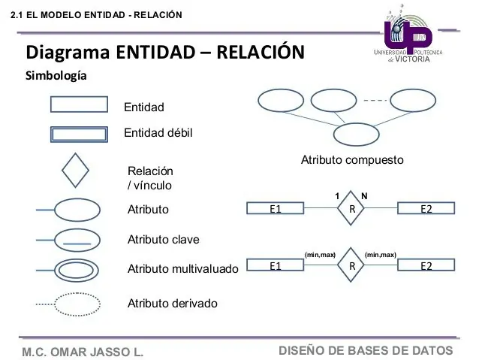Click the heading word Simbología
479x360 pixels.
click(x=56, y=77)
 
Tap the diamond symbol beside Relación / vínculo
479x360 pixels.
click(x=75, y=170)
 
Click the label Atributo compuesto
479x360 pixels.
click(x=352, y=160)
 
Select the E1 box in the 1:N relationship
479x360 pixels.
click(x=276, y=208)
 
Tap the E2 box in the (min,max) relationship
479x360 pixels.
click(x=426, y=266)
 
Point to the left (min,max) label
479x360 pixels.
click(x=319, y=256)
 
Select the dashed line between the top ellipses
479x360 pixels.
click(x=373, y=100)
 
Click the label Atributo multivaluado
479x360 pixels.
click(x=182, y=269)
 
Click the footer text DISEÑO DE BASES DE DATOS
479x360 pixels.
click(x=366, y=350)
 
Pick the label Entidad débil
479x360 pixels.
click(x=158, y=133)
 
